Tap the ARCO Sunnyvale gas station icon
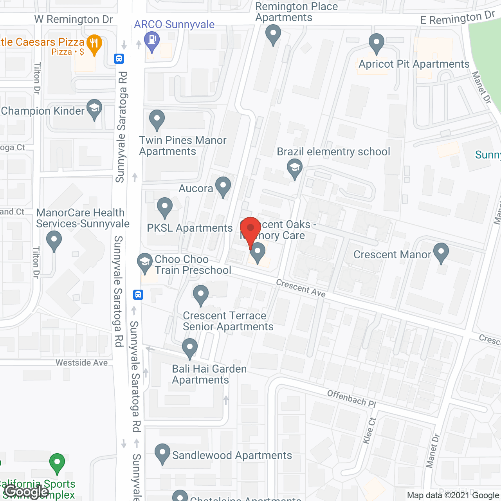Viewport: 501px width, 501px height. (x=152, y=40)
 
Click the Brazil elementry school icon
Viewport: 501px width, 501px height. (x=295, y=168)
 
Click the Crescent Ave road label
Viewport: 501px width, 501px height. (x=301, y=288)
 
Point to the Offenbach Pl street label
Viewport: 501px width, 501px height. (x=351, y=398)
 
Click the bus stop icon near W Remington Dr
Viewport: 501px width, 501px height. (x=119, y=59)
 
